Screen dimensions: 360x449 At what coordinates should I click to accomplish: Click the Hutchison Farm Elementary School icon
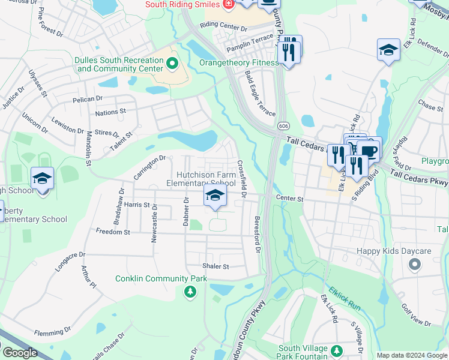click(215, 195)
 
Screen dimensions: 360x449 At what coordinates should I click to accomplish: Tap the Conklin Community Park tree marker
click(190, 292)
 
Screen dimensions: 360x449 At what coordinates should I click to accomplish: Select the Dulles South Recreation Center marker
click(173, 62)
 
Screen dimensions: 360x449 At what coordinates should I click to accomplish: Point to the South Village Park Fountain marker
click(336, 350)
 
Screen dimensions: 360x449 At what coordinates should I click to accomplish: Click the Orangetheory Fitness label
click(238, 62)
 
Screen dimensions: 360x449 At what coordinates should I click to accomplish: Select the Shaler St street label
click(216, 266)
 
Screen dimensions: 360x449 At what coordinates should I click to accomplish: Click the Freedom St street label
click(113, 231)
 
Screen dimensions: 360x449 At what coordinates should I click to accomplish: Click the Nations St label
click(110, 111)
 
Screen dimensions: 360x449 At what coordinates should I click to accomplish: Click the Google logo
click(20, 353)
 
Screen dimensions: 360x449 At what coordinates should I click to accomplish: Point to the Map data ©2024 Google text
click(411, 355)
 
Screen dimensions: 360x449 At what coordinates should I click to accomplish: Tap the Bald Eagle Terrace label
click(260, 94)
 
